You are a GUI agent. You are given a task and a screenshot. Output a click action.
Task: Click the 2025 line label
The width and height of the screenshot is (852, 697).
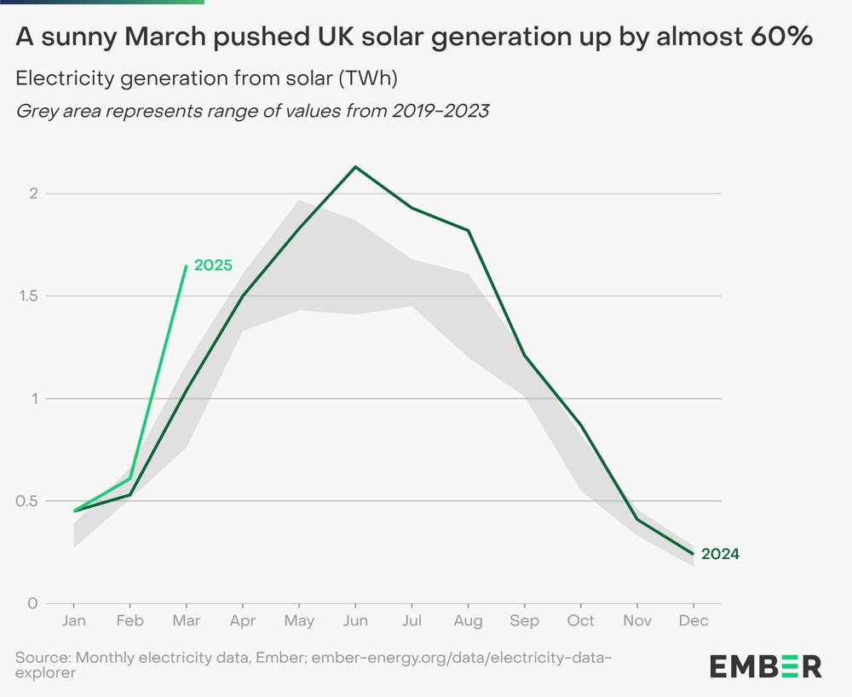213,265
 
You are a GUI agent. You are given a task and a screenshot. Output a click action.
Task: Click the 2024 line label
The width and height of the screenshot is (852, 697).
720,554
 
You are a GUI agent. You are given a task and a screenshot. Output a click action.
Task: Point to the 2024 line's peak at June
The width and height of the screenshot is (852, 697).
355,167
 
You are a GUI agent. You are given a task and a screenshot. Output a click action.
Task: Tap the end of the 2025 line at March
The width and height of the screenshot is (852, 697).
187,266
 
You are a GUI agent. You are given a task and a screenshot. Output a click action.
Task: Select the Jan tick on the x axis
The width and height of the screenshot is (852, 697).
74,620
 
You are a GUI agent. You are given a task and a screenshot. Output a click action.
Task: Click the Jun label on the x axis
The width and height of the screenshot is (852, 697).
355,620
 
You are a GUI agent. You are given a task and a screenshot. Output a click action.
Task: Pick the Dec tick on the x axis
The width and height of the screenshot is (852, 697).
694,620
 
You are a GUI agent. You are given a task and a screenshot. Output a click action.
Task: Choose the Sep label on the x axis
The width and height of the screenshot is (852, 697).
524,620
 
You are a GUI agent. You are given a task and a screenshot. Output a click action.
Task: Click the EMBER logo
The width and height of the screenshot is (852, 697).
765,665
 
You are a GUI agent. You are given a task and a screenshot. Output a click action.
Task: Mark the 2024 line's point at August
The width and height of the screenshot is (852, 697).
469,230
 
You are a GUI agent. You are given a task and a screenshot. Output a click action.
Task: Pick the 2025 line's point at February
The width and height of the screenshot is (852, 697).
130,478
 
